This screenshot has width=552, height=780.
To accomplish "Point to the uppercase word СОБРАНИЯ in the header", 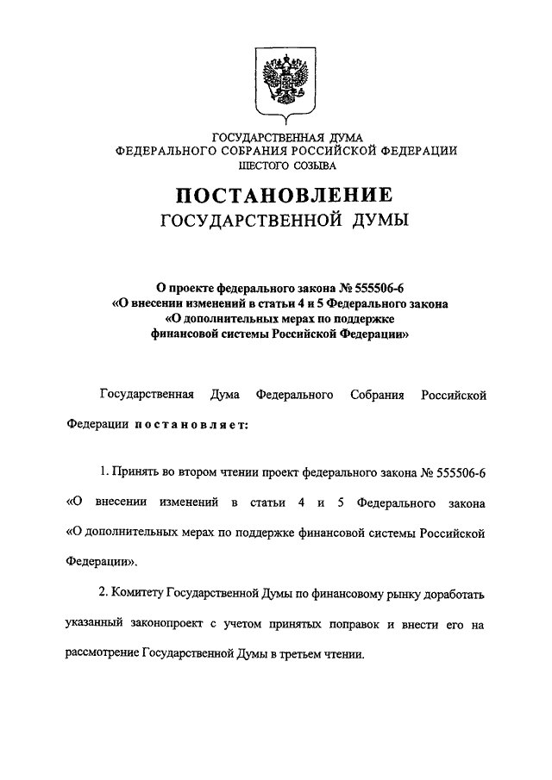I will pos(260,150).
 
